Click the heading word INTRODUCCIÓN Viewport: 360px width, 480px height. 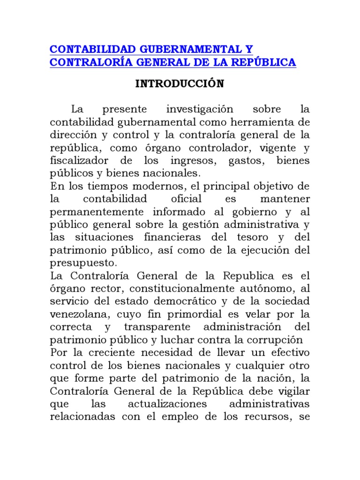[x=173, y=84]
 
